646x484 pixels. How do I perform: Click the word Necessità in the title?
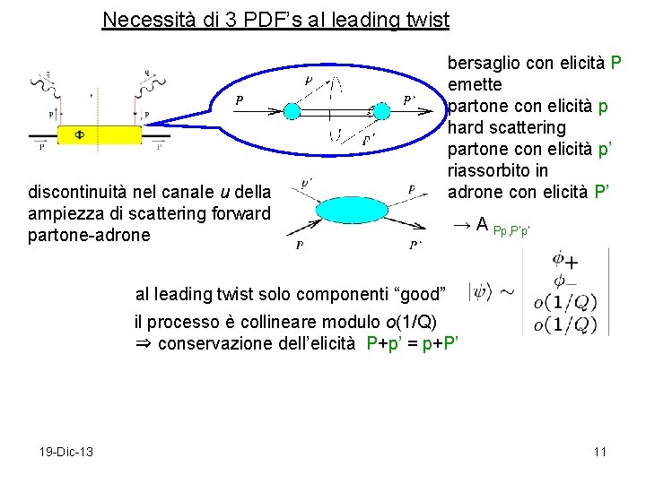(x=142, y=19)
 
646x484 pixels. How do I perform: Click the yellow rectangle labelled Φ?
(x=99, y=134)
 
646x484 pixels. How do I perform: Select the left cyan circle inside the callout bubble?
(x=293, y=110)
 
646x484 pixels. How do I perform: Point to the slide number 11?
(x=599, y=451)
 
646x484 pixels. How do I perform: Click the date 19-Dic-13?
(x=66, y=451)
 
